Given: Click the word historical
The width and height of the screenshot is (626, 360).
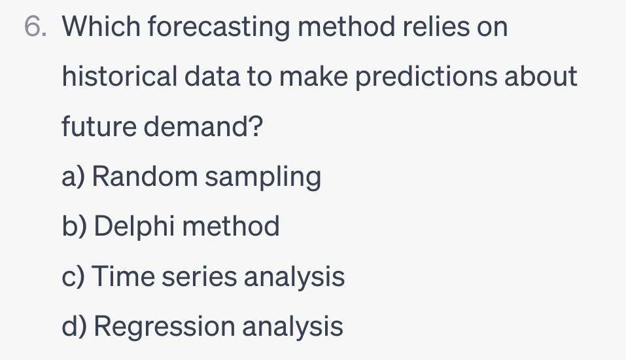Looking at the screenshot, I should coord(118,77).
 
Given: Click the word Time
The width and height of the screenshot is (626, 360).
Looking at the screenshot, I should coord(122,276).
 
